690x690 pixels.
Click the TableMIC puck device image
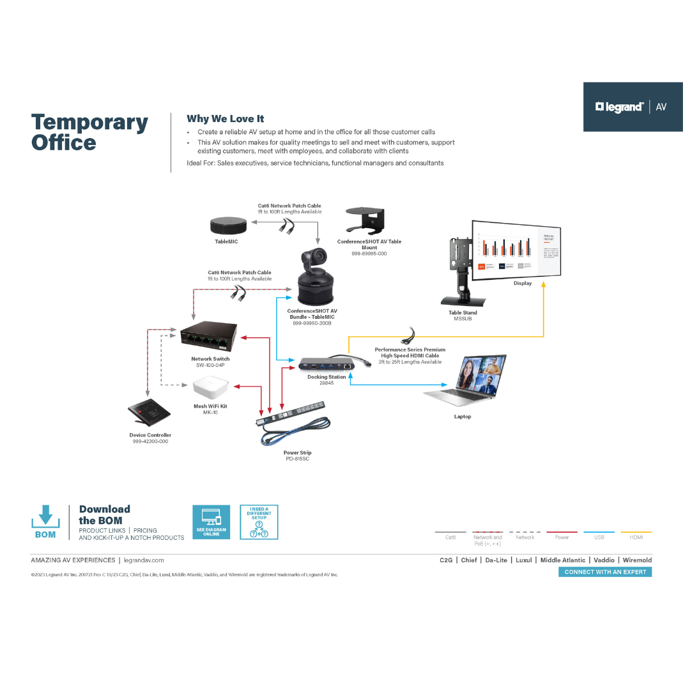[x=229, y=226]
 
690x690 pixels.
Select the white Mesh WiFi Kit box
[x=210, y=388]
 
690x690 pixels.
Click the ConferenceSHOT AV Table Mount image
[x=369, y=221]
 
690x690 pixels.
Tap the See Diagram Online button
[x=211, y=522]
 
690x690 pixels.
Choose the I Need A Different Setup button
[x=259, y=522]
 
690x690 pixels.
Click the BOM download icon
[x=45, y=521]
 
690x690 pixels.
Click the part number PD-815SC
[x=298, y=459]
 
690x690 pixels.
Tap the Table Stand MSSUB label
[x=463, y=316]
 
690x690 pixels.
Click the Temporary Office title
[x=89, y=132]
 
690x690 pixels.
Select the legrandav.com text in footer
[x=144, y=560]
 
